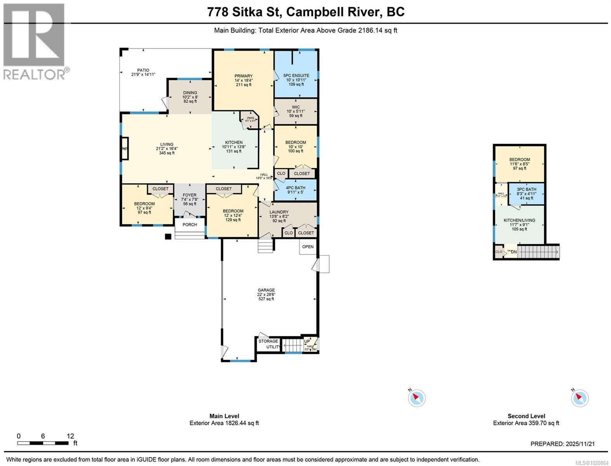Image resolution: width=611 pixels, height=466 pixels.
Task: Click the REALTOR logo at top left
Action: point(34,41)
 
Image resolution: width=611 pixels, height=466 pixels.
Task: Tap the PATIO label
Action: point(143,70)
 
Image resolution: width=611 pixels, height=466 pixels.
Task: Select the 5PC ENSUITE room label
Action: point(296,76)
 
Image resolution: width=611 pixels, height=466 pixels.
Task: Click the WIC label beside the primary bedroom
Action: point(296,107)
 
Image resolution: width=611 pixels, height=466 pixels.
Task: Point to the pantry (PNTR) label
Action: point(250,118)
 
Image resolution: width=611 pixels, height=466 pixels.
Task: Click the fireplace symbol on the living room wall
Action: point(125,148)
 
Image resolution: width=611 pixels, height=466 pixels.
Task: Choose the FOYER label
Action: point(189,195)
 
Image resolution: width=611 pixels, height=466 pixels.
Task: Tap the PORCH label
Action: point(189,224)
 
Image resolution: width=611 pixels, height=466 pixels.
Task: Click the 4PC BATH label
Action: point(296,188)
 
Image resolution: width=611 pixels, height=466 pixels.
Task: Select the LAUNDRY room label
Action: point(279,212)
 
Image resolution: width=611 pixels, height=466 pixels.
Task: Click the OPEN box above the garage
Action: point(308,247)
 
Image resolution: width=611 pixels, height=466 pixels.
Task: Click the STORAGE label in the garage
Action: point(268,341)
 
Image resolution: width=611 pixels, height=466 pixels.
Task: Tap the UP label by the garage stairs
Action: point(307,341)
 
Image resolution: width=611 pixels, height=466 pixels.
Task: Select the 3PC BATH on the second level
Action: point(526,190)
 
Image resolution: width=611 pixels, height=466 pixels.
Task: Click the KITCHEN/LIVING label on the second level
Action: point(519,220)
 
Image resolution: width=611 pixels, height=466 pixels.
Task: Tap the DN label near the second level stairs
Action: point(514,252)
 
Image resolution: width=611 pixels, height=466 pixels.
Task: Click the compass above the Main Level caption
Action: point(417,398)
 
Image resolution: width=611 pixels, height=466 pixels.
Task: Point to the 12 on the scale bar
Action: point(70,436)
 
